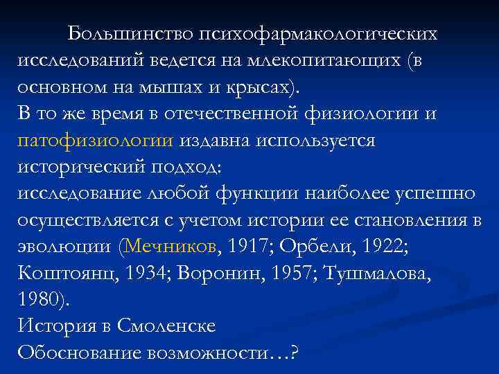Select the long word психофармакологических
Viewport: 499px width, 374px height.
318,34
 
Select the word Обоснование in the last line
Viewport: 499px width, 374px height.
79,352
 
